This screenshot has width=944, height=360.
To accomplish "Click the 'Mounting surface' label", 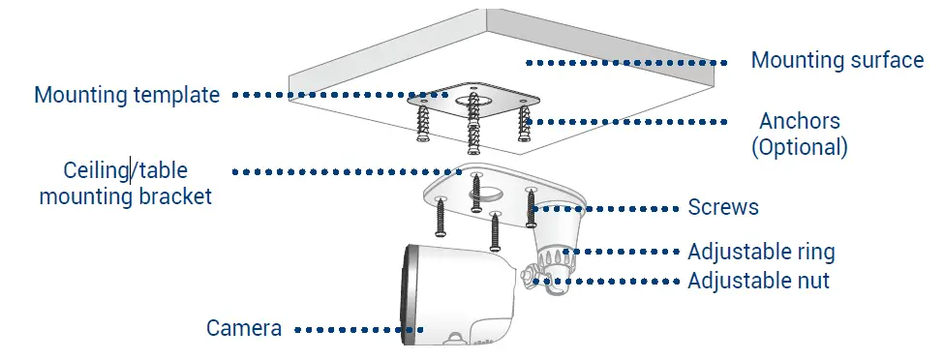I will tap(837, 61).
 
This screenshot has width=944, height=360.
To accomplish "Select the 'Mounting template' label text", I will tap(127, 95).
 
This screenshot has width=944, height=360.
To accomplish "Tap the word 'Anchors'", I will tap(799, 122).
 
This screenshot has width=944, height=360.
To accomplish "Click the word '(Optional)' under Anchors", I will tap(800, 147).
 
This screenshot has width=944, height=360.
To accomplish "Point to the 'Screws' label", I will tap(722, 207).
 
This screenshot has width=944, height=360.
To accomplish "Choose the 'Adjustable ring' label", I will tap(760, 253).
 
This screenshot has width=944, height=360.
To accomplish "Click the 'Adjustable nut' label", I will tap(758, 282).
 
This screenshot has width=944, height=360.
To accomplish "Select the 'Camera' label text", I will tap(244, 328).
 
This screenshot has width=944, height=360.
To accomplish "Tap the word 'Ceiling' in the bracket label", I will tap(96, 171).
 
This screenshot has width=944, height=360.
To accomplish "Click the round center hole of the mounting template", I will tap(474, 97).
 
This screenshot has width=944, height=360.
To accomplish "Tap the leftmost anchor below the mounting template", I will tap(423, 124).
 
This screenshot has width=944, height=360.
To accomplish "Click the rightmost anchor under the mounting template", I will tap(525, 126).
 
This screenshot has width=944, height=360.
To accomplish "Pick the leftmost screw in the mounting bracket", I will tap(441, 218).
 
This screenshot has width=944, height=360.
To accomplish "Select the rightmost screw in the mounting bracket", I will tap(531, 206).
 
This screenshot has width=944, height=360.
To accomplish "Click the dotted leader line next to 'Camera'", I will tap(358, 329).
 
